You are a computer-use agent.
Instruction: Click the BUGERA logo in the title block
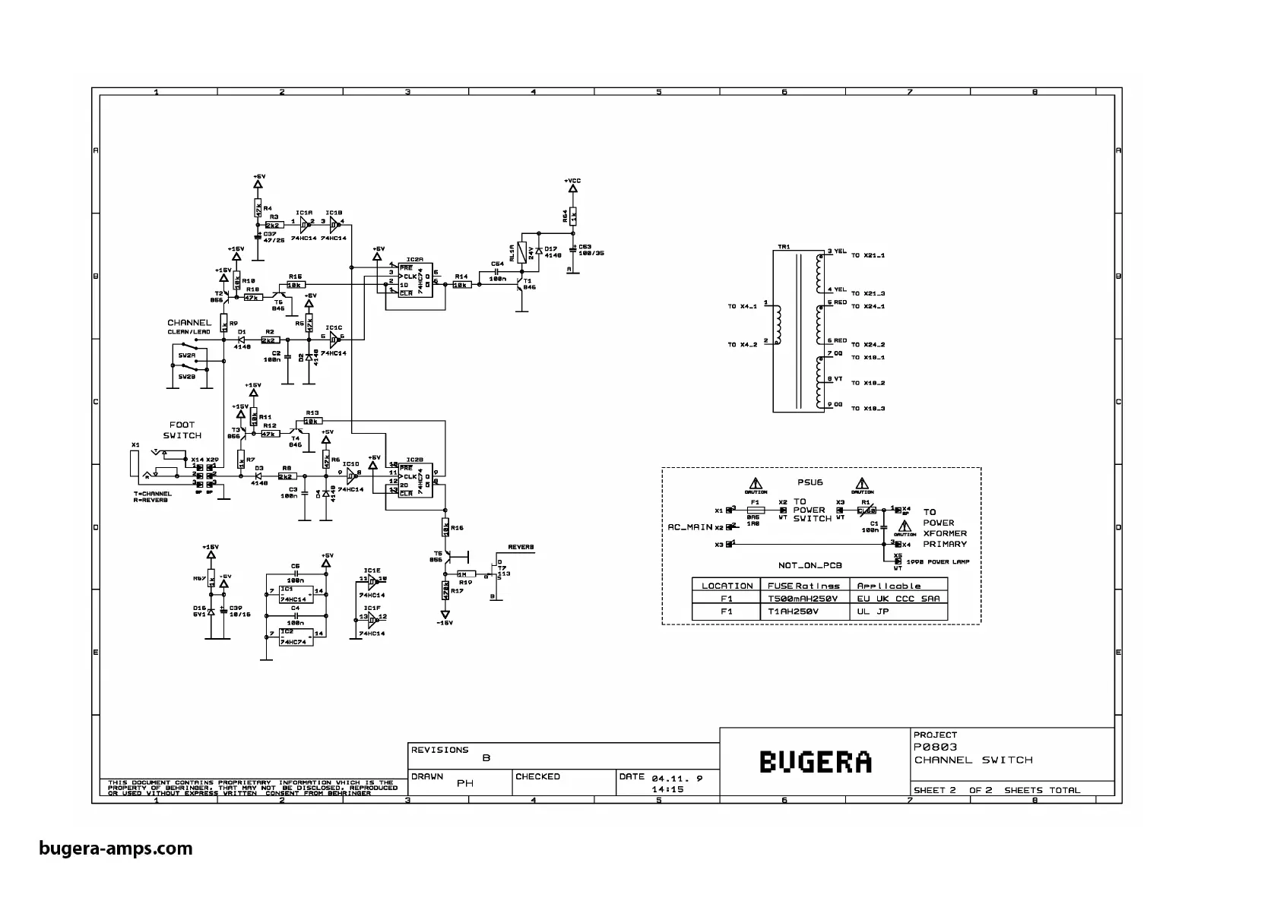tap(815, 762)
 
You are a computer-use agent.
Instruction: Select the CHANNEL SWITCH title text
tap(973, 760)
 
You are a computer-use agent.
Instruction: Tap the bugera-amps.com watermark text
tap(116, 849)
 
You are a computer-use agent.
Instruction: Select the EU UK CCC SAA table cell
tap(898, 599)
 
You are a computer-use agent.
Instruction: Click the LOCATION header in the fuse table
tap(727, 586)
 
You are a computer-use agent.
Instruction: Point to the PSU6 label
tap(810, 482)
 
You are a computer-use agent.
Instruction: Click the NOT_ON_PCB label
tap(810, 565)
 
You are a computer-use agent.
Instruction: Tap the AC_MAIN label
tap(689, 526)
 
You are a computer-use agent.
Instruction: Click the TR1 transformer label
tap(784, 246)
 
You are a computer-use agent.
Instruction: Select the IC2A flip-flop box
tap(416, 280)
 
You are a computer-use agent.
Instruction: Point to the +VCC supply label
tap(572, 181)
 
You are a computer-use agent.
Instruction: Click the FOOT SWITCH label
tap(182, 430)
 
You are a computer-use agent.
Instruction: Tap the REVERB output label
tap(521, 547)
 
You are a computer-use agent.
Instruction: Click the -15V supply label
tap(445, 623)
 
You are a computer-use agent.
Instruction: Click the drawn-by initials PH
tap(464, 783)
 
